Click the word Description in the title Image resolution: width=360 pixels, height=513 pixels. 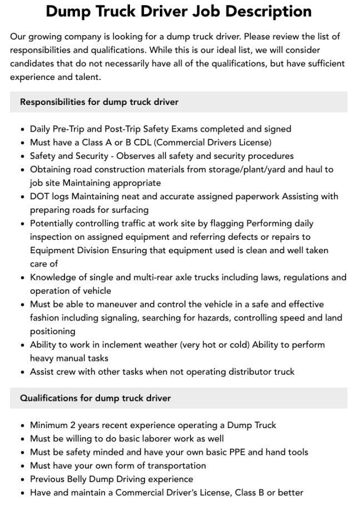click(x=257, y=11)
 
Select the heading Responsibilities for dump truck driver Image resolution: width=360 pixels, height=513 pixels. click(x=99, y=102)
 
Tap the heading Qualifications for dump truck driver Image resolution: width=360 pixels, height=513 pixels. click(x=95, y=398)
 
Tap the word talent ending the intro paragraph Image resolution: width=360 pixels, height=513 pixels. click(x=86, y=77)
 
